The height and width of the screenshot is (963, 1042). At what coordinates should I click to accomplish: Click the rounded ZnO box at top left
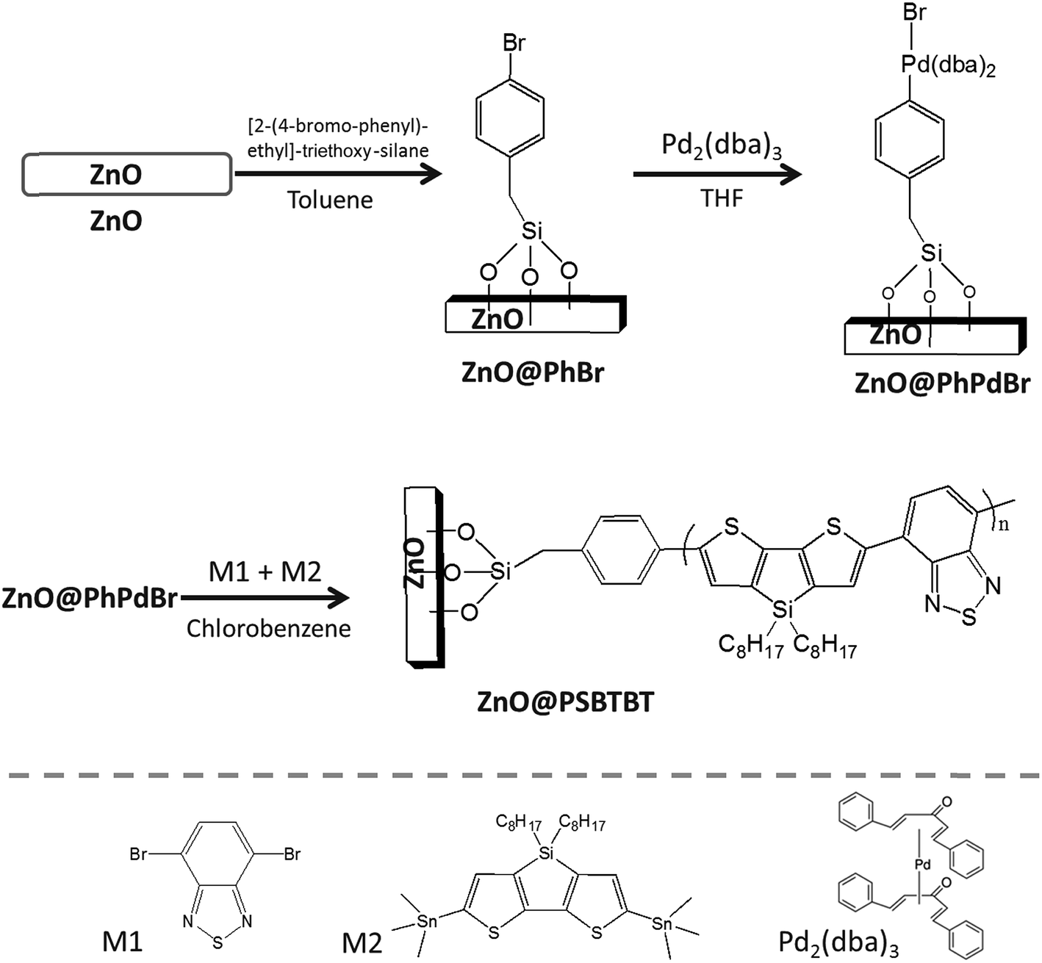point(126,174)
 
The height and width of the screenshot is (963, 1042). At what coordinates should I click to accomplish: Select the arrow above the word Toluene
point(338,173)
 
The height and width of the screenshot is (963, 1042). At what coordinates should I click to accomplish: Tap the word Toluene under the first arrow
point(330,201)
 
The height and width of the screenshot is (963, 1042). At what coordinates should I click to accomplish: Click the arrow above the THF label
point(717,173)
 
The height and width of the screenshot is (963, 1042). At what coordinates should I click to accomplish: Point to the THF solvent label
point(722,199)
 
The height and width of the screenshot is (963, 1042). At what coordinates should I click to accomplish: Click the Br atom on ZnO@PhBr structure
point(514,43)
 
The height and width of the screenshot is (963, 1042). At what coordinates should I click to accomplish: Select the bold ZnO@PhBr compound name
point(533,372)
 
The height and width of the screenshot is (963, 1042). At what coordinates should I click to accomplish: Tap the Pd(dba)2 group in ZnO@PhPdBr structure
point(948,65)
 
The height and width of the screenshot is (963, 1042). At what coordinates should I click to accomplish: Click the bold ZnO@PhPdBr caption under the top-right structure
point(942,383)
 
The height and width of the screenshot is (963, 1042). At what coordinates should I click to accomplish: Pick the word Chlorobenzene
point(269,628)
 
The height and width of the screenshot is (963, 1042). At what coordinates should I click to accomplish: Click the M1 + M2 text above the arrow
point(265,571)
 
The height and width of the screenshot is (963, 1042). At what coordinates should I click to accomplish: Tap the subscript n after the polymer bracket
point(1003,524)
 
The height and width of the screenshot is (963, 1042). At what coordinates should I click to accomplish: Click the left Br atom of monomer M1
point(138,854)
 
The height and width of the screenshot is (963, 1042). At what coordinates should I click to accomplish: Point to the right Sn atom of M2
point(661,923)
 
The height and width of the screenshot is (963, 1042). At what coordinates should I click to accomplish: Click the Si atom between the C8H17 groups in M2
point(546,854)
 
